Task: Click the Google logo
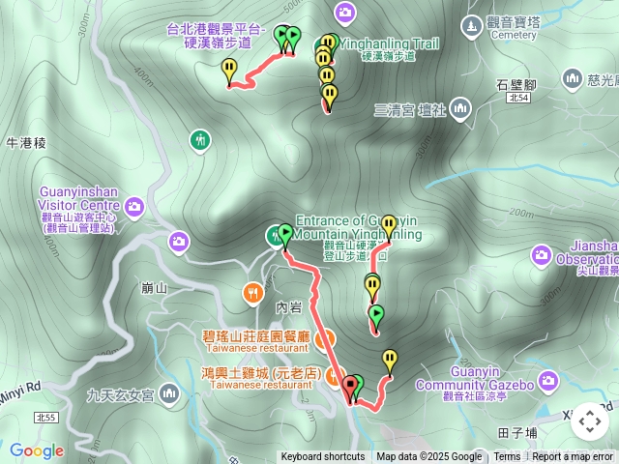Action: point(37,450)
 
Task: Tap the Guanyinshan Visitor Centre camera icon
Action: point(134,205)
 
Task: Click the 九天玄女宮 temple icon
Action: point(170,393)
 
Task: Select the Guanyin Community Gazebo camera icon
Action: point(549,385)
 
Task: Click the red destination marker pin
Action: point(349,390)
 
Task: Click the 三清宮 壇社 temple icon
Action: point(458,109)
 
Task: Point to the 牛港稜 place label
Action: point(26,143)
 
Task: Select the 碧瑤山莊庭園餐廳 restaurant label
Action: point(255,337)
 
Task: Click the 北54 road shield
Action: point(517,98)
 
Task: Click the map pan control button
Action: point(589,421)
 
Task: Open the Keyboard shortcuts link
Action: point(322,457)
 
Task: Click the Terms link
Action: point(507,457)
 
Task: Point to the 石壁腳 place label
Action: point(516,84)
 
